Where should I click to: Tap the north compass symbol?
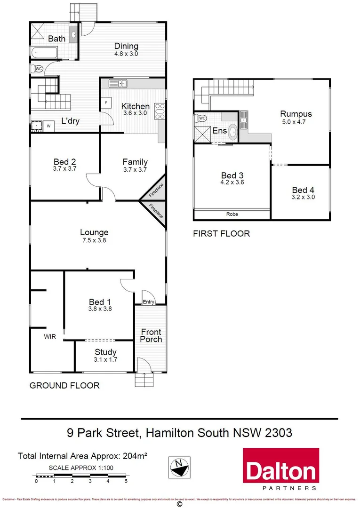pos(179,467)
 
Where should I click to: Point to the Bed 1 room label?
pos(100,302)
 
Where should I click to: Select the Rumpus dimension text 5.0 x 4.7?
pos(296,122)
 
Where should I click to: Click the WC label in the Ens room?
pos(203,118)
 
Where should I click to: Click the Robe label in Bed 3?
pos(232,214)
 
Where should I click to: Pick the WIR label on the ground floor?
pos(50,336)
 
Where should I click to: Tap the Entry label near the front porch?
pos(148,302)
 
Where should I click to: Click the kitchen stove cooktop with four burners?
pos(160,111)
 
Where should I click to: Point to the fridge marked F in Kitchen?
pos(106,102)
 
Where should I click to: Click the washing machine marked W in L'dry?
pos(48,126)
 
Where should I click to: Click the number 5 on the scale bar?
pos(126,481)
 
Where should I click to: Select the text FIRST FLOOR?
pos(221,234)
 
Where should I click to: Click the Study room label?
pos(105,352)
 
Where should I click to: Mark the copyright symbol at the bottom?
pos(179,504)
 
